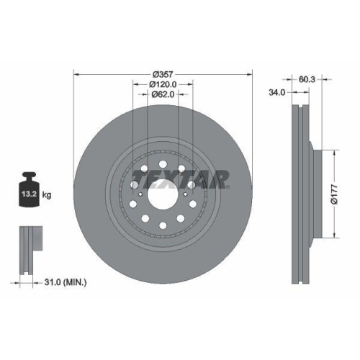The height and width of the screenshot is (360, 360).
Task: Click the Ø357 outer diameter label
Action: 163,74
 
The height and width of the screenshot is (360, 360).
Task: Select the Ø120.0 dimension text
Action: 163,84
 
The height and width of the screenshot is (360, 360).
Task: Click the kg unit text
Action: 48,194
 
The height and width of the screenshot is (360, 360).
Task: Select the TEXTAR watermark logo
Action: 181,177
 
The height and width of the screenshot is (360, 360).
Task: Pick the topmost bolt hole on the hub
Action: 163,159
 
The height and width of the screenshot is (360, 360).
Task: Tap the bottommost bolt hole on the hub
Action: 163,228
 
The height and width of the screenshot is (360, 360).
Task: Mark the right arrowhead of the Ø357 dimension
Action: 251,74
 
